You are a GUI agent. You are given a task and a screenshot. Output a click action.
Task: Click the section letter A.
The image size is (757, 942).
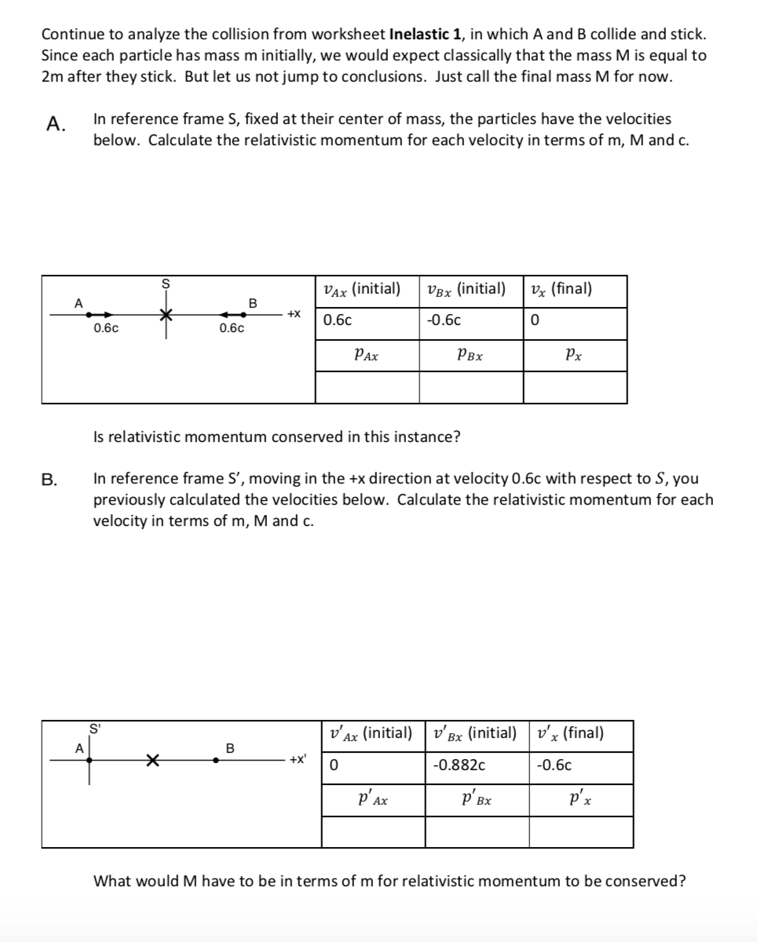(53, 124)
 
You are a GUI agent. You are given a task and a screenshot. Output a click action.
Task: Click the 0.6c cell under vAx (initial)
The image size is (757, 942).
(338, 321)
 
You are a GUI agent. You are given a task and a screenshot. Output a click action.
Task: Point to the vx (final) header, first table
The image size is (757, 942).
(561, 289)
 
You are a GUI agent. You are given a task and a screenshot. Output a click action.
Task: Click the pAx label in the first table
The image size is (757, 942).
(367, 355)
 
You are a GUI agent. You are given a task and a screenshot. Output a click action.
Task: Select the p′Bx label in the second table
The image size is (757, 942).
(477, 801)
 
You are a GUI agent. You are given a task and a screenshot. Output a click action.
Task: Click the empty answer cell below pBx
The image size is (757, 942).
(470, 387)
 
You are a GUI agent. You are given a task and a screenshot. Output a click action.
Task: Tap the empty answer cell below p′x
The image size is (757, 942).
(580, 832)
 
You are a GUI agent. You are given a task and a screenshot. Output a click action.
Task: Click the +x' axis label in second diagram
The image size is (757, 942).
(298, 759)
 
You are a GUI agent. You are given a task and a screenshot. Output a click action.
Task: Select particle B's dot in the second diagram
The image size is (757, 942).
(216, 760)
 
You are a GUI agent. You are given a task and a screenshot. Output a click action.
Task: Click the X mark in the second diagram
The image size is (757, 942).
(152, 760)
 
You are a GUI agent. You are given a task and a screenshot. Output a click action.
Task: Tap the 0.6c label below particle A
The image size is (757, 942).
(106, 329)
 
